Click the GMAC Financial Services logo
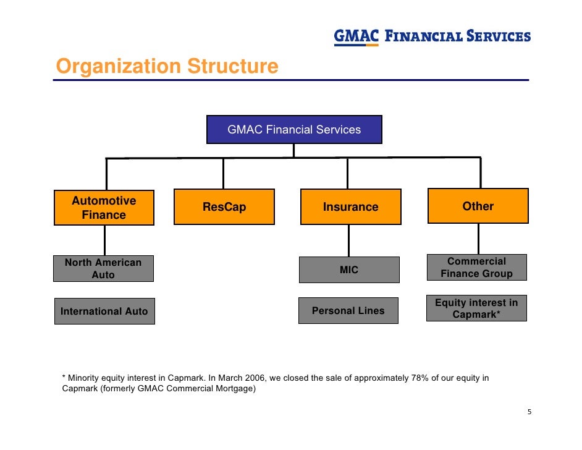432,36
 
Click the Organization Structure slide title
167,66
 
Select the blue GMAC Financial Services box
294,130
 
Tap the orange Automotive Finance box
104,208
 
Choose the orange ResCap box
224,207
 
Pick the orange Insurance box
350,207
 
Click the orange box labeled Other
478,206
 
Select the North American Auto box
103,269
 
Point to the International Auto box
104,311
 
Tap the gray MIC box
349,270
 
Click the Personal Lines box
348,311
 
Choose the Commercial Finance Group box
476,268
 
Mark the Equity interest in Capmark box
476,308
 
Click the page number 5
529,413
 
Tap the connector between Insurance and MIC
349,240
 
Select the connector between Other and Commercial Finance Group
478,239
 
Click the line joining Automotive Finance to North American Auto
104,240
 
